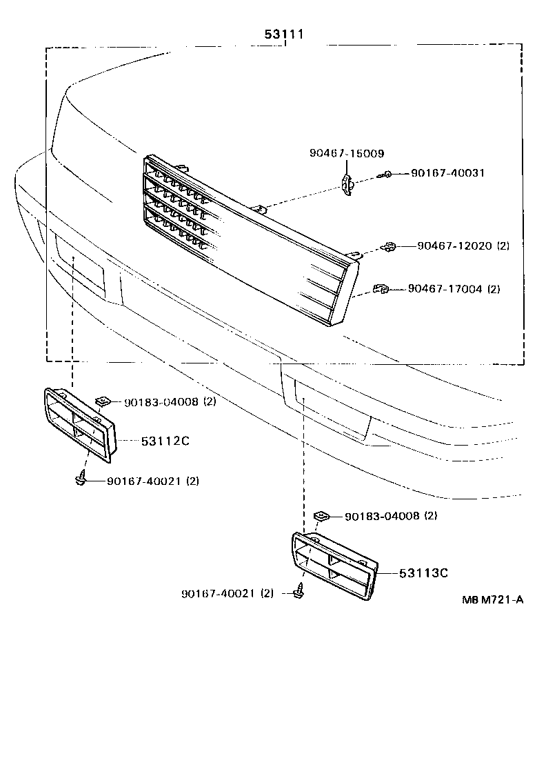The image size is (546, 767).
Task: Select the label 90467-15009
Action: [x=347, y=153]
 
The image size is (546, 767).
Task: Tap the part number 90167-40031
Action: [x=447, y=173]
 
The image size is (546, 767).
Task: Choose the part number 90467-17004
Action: [x=445, y=289]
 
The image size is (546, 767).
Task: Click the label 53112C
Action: [x=165, y=441]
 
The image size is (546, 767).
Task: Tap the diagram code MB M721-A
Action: [x=492, y=599]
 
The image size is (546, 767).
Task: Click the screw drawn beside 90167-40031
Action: [x=388, y=175]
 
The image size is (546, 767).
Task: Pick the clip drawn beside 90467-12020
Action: [x=389, y=246]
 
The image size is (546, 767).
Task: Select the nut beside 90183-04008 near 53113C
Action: [x=321, y=516]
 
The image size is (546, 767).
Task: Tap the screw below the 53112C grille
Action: [x=81, y=478]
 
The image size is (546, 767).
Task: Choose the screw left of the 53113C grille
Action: [x=300, y=590]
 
